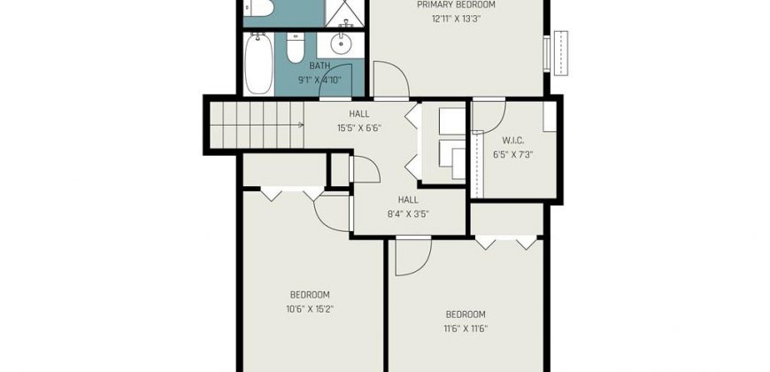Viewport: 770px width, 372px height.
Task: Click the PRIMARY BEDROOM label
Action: click(456, 5)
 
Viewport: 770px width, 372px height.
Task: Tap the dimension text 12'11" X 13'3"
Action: click(456, 19)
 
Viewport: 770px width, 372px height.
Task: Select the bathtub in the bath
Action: click(258, 64)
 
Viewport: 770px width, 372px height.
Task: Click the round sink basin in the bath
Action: click(341, 44)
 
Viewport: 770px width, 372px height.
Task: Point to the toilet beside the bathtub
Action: click(296, 48)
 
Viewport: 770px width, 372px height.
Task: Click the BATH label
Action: click(320, 66)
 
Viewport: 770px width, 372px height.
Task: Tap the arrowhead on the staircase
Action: click(301, 125)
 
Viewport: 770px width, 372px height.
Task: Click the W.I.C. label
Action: click(512, 141)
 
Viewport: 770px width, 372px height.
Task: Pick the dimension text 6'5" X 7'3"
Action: click(512, 154)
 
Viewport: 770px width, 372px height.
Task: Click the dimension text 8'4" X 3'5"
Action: click(408, 213)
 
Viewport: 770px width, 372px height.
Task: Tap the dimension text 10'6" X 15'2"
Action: click(310, 309)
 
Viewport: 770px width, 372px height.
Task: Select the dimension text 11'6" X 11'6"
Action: click(465, 329)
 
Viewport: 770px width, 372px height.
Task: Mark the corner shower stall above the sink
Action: click(345, 13)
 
